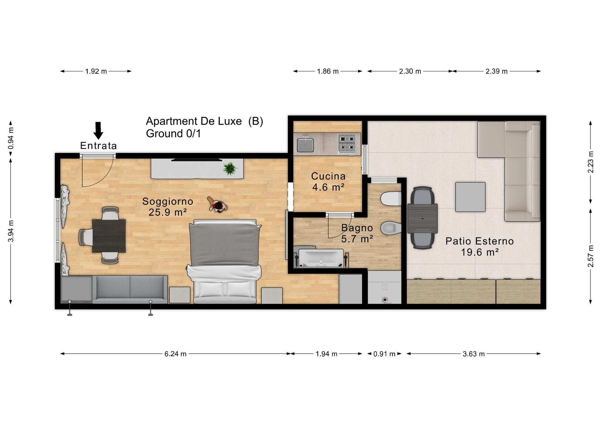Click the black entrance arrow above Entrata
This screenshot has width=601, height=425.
(98, 131)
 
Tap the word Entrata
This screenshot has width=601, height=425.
(99, 146)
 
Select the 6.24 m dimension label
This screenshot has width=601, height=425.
(176, 354)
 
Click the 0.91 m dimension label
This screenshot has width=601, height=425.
(384, 354)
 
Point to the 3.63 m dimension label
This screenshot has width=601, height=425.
(474, 354)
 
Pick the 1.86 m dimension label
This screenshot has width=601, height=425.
(328, 71)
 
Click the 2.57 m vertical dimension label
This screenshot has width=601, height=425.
(591, 256)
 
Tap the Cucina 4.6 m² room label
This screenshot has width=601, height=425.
(328, 182)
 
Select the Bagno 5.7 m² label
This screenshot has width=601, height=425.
(357, 233)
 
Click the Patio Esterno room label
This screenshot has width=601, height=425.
(480, 246)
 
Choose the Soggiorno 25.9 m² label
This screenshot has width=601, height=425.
(168, 207)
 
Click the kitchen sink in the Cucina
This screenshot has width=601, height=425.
(305, 145)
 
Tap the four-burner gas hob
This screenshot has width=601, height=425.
(347, 144)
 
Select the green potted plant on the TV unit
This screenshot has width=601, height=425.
(230, 169)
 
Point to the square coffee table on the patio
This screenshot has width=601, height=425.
(470, 197)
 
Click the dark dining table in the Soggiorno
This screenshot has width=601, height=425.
(109, 236)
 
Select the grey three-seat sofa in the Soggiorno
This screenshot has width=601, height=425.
(130, 289)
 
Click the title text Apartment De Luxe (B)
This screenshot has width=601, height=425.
(204, 121)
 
